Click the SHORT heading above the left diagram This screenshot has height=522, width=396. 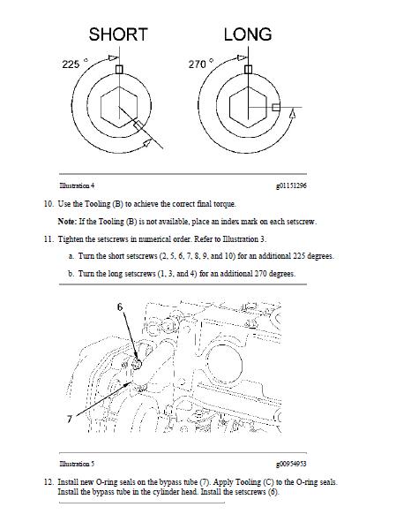click(118, 34)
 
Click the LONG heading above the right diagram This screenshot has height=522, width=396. click(248, 34)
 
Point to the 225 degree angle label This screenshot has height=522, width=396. click(75, 64)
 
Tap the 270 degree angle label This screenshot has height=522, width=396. click(201, 64)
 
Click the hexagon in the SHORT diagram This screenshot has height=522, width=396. click(119, 107)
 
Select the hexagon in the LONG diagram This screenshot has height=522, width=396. click(248, 107)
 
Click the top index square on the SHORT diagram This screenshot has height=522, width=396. click(119, 69)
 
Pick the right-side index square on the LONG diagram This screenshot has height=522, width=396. click(276, 107)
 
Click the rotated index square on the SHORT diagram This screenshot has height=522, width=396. click(138, 125)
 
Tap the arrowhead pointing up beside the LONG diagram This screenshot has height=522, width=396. click(292, 114)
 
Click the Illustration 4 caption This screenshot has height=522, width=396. click(77, 185)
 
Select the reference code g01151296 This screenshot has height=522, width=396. click(291, 185)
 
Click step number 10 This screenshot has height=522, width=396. click(49, 204)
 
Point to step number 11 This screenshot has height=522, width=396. click(49, 239)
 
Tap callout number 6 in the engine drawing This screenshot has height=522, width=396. click(120, 307)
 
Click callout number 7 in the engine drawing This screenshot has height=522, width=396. click(70, 419)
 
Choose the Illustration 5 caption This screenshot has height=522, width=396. click(77, 464)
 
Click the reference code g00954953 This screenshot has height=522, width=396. click(291, 464)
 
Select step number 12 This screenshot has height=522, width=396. click(49, 482)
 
